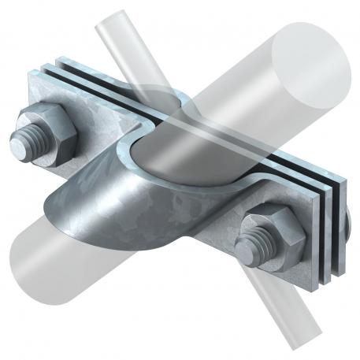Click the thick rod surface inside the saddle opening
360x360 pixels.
tap(181, 150)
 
